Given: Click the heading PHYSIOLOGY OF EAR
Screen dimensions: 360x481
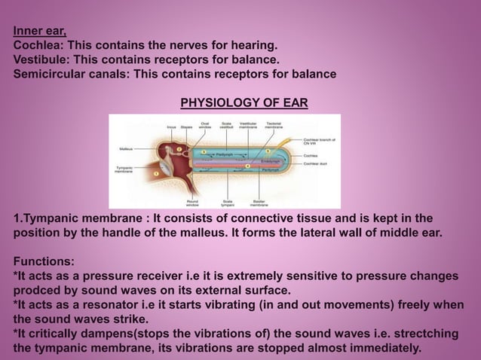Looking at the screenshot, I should tap(243, 102).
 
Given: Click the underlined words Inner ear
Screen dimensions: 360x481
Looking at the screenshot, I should tap(38, 31).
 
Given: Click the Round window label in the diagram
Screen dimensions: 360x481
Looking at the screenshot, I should tap(192, 203).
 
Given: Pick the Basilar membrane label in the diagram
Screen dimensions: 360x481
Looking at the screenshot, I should tap(262, 203).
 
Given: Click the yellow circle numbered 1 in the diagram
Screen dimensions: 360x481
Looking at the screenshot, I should tap(156, 175).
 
